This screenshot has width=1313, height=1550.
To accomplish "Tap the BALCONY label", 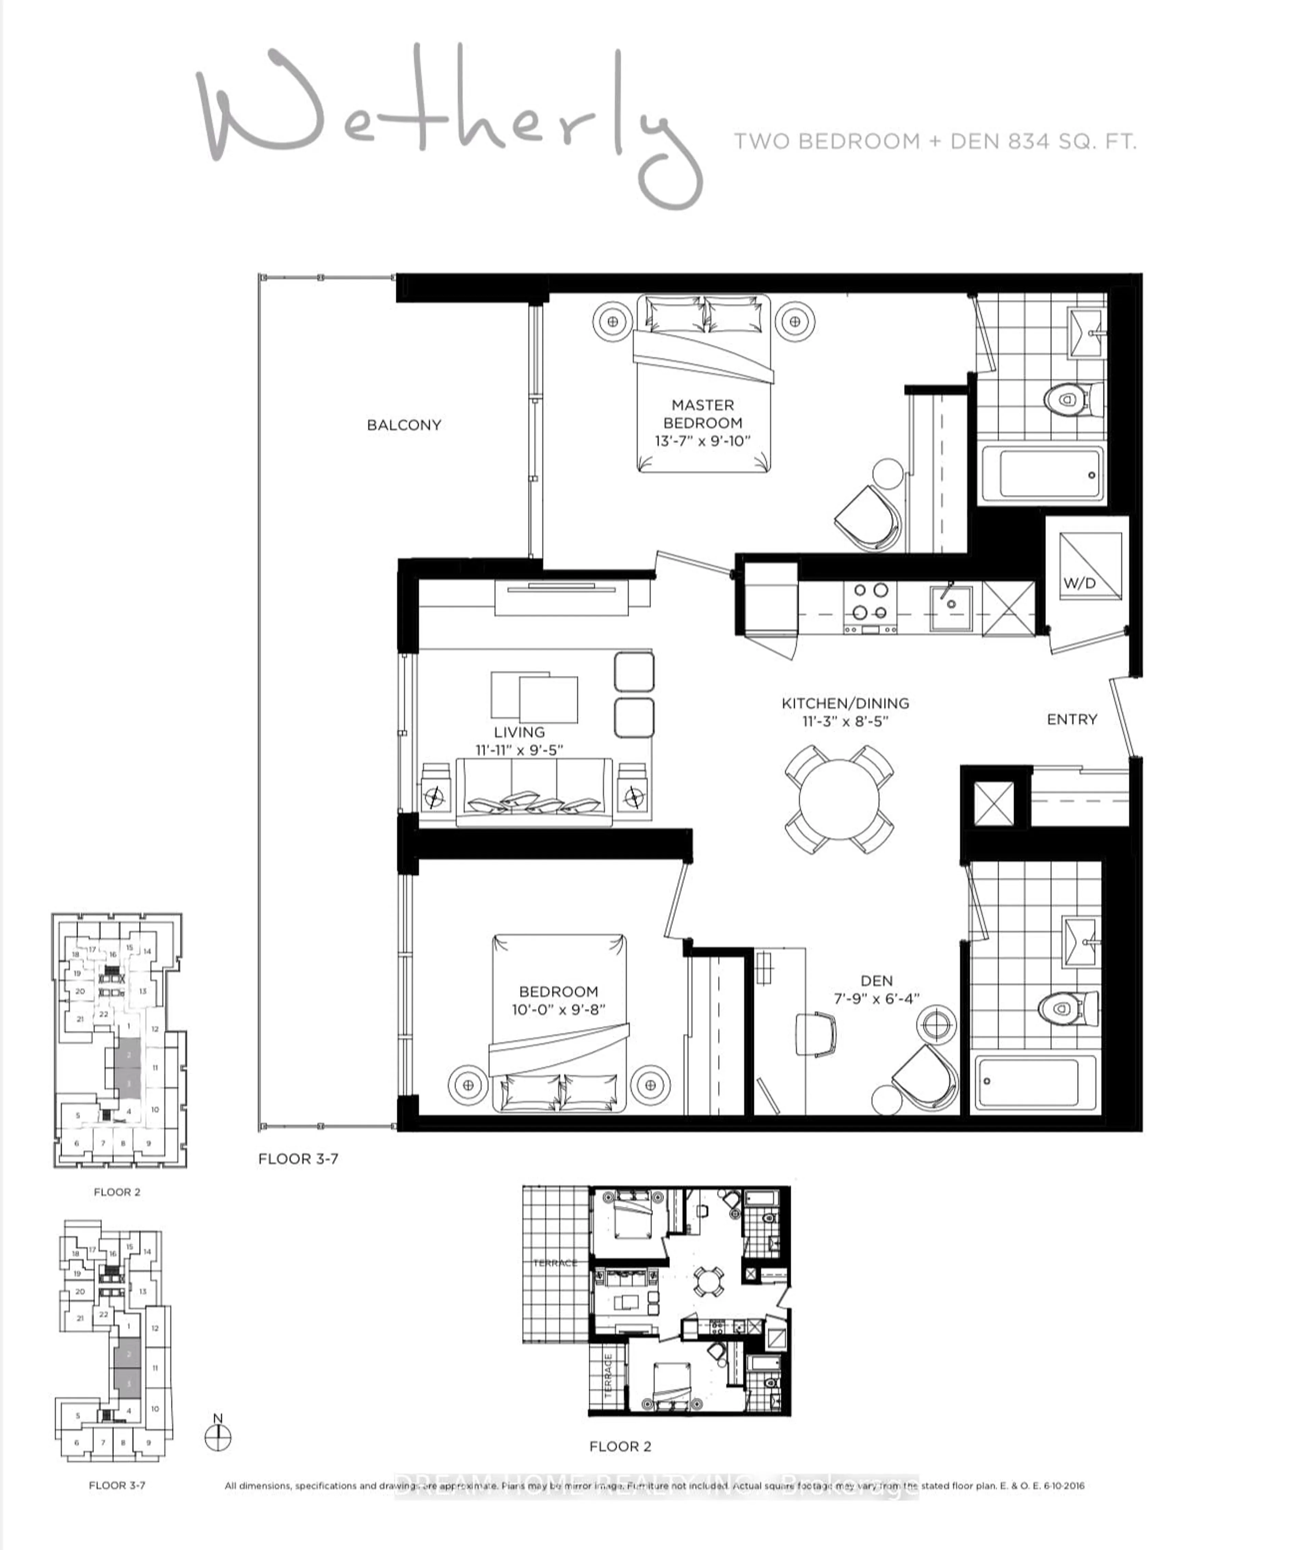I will (x=404, y=425).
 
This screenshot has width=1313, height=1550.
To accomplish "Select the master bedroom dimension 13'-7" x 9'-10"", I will (x=703, y=441).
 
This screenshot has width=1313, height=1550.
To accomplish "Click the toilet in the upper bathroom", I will (x=1070, y=400).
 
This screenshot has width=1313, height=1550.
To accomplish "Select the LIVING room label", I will (x=519, y=732).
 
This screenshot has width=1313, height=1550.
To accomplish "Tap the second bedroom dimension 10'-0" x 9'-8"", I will (x=558, y=1010).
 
